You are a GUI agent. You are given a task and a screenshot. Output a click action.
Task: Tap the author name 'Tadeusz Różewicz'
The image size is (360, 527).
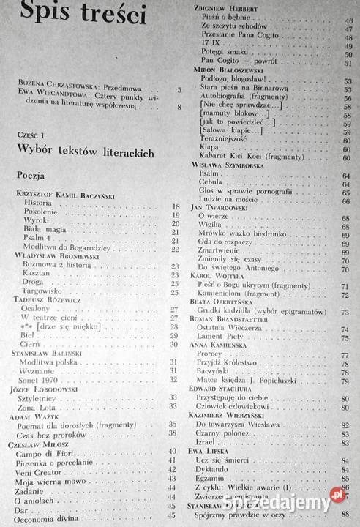47,299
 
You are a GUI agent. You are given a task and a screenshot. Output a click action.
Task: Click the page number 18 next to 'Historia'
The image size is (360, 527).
175,208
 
